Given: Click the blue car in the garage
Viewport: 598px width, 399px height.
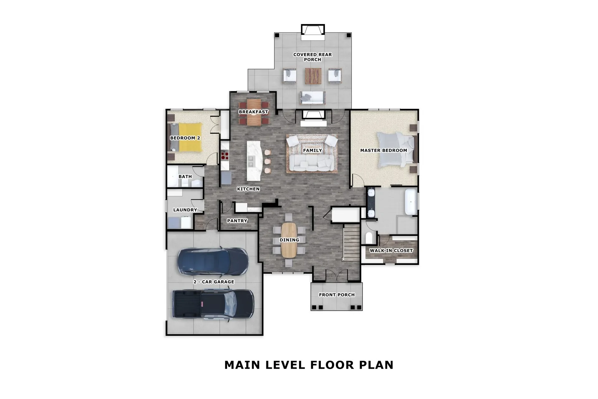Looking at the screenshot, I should pos(213,261).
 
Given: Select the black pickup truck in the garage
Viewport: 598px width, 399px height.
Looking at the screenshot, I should pos(213,304).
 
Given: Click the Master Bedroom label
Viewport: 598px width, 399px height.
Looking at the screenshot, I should pos(383,150).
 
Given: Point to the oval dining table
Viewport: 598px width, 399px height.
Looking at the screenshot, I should pos(289,240).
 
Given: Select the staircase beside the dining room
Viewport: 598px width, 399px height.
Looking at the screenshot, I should pos(351,243).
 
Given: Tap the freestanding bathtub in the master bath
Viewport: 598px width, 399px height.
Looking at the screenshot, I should pos(411,202).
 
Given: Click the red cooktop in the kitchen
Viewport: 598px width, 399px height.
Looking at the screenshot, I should pos(225,155).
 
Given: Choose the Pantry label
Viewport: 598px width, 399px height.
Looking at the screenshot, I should pos(237,221).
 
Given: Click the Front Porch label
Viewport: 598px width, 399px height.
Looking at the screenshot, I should pos(337,295).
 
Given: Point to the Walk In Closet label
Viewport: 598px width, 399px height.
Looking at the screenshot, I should pos(391,250).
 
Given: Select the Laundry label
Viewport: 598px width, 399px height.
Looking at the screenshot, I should pos(185,210).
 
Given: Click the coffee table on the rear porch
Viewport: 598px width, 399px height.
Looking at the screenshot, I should pos(313,76).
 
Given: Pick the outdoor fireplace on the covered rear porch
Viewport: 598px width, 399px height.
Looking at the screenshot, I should pos(313,31).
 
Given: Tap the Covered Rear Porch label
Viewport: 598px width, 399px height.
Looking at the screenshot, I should pos(312,57).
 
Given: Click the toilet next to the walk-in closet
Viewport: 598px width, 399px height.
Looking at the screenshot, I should pos(369,238).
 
